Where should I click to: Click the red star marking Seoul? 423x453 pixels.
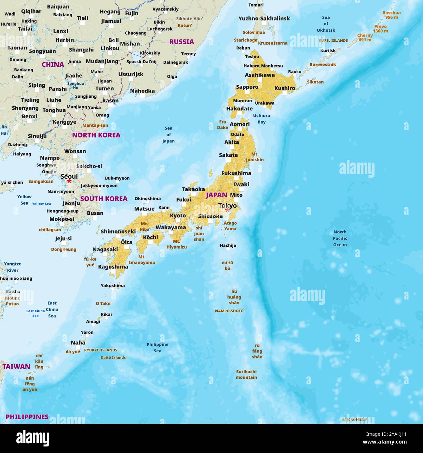pos(69,181)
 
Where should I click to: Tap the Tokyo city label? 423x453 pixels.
pos(227,206)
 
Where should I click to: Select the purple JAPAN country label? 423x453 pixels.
pos(216,195)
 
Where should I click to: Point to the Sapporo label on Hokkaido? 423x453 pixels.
pos(247,87)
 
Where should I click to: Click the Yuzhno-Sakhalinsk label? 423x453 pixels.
pos(264,19)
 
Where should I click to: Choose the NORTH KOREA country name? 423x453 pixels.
pos(96,135)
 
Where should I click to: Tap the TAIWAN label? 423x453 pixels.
pos(16,366)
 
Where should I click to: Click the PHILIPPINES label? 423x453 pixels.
pos(27,417)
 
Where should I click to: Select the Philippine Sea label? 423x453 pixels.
pos(157,347)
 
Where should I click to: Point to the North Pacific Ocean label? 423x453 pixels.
pos(340,238)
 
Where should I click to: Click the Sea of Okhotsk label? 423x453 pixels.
pos(326,24)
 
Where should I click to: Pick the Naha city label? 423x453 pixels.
pos(78,343)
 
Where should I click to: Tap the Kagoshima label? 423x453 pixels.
pos(113,267)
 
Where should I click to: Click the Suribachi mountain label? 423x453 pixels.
pos(246,374)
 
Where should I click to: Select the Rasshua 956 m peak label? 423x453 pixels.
pos(391,15)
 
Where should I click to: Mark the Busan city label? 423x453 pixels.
pos(95,213)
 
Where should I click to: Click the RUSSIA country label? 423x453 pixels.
pos(181,42)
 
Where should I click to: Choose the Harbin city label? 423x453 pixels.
pos(65,40)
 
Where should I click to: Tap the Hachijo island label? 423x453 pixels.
pos(228,245)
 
